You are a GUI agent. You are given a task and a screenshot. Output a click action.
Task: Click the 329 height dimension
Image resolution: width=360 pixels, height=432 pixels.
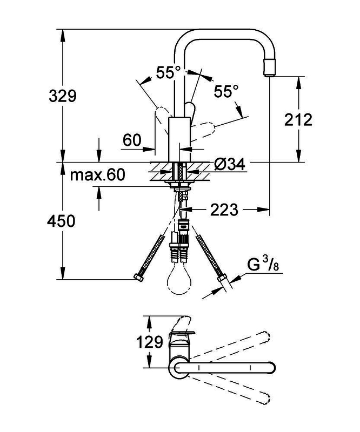pyautogui.click(x=63, y=96)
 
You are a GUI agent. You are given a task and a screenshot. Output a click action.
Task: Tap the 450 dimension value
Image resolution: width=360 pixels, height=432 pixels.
pyautogui.click(x=61, y=221)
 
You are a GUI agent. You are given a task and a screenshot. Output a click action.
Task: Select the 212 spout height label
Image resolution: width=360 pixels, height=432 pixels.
pyautogui.click(x=298, y=119)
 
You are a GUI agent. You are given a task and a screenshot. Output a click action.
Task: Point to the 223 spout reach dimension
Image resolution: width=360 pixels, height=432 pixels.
pyautogui.click(x=224, y=210)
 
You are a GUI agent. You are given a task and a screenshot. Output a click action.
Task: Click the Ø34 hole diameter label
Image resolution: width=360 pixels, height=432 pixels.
pyautogui.click(x=230, y=165)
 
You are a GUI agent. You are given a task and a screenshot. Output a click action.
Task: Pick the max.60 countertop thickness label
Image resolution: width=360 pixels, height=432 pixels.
pyautogui.click(x=97, y=174)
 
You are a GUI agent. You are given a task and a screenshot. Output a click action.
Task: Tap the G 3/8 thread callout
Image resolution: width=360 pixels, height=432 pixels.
pyautogui.click(x=263, y=265)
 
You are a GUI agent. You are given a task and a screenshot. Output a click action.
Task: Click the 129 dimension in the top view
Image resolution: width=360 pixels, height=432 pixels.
pyautogui.click(x=150, y=342)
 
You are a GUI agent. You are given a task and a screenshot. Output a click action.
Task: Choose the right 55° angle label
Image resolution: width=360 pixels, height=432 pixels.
pyautogui.click(x=226, y=91)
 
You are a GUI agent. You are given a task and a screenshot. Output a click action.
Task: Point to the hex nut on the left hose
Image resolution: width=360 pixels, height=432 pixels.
pyautogui.click(x=138, y=278)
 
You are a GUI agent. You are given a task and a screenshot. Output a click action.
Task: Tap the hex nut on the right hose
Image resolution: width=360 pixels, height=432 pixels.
pyautogui.click(x=222, y=278)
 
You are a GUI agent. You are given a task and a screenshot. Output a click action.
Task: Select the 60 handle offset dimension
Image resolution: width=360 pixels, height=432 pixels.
pyautogui.click(x=132, y=140)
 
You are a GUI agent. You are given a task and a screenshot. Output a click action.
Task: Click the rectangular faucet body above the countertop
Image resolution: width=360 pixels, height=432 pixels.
pyautogui.click(x=179, y=139)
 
